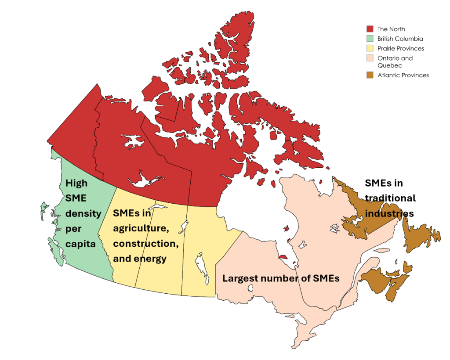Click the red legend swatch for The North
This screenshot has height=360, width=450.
(x=370, y=29)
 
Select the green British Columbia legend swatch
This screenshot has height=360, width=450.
(x=370, y=39)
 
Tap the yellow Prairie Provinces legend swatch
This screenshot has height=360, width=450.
(x=370, y=48)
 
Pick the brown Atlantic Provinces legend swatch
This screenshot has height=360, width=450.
(x=370, y=75)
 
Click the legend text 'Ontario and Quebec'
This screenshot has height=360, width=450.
(x=395, y=61)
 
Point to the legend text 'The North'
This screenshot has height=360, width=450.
(x=391, y=29)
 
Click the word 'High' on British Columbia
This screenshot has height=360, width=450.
(x=76, y=184)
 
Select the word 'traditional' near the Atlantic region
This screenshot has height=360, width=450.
(x=390, y=198)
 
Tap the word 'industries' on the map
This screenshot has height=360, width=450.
(x=389, y=213)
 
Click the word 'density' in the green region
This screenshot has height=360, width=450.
(x=83, y=213)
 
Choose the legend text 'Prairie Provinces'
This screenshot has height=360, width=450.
(x=401, y=48)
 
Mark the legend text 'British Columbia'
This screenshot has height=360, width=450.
(x=400, y=39)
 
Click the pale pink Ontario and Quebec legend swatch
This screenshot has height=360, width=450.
(x=370, y=58)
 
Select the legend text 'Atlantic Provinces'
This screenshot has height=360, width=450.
(x=403, y=75)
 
